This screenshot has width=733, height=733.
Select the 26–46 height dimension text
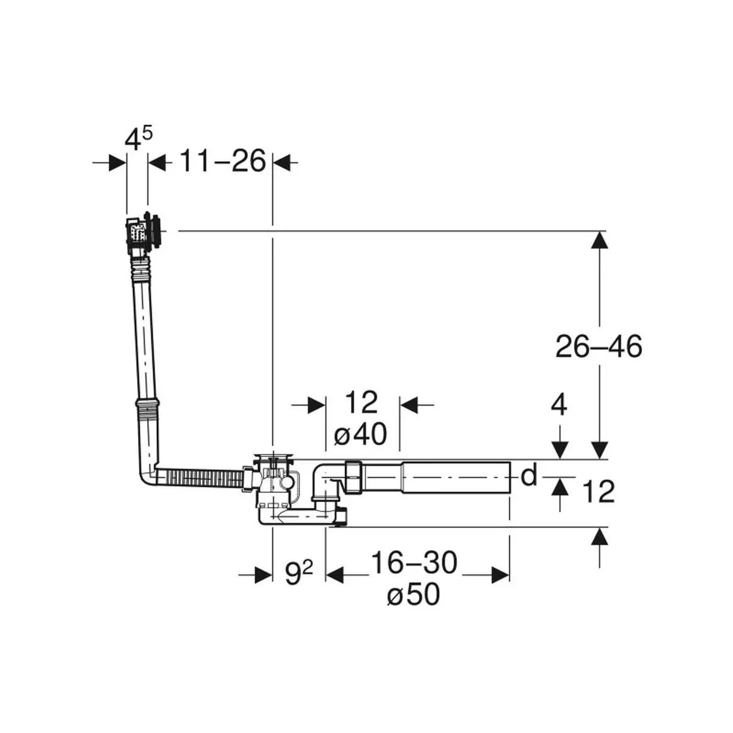[x=599, y=346]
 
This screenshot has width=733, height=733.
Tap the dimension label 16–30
[x=414, y=563]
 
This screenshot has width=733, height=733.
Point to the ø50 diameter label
[x=414, y=594]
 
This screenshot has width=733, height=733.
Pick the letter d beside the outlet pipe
[x=529, y=475]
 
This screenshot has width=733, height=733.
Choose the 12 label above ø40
[x=361, y=402]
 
